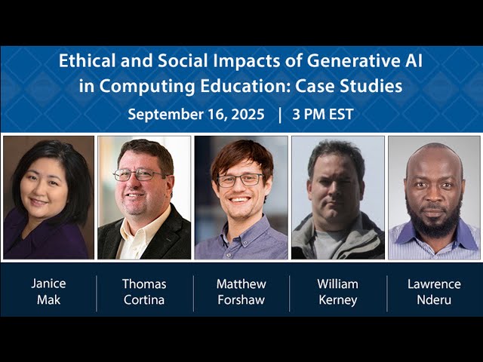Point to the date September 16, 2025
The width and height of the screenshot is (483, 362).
[196, 115]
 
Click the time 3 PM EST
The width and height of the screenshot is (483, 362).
[324, 115]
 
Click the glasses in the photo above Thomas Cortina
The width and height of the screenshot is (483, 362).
[139, 175]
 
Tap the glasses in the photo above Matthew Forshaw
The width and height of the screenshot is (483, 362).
[241, 179]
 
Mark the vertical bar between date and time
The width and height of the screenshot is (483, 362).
[280, 115]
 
